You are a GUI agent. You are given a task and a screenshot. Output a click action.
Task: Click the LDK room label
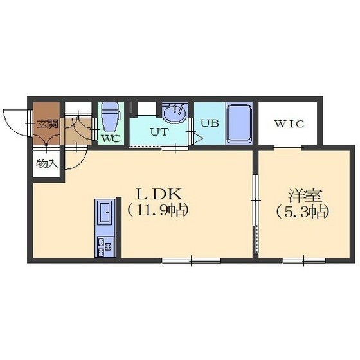coord(159,194)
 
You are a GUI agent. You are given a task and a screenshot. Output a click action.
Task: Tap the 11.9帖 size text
coord(158,211)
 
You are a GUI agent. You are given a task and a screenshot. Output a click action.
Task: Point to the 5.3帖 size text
coord(303,212)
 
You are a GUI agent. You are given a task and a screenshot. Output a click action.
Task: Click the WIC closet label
coord(289,124)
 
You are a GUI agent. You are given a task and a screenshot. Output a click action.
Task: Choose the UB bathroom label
coord(210,123)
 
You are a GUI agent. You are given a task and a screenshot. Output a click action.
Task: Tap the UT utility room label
coord(159,132)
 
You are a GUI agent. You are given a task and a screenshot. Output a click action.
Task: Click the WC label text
coord(111,138)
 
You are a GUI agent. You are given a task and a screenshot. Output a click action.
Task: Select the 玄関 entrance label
coord(48,124)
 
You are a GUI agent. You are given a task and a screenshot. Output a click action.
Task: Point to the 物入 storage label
coord(47,164)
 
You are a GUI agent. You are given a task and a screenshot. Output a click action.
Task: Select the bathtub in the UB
coord(239,124)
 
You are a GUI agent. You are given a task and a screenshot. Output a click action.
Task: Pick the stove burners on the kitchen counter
coord(105,247)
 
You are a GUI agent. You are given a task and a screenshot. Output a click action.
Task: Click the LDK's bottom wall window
coord(192,260)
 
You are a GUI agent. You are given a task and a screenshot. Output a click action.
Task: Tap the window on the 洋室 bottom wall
coord(303,260)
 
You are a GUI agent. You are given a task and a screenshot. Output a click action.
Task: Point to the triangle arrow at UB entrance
coord(197,138)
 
